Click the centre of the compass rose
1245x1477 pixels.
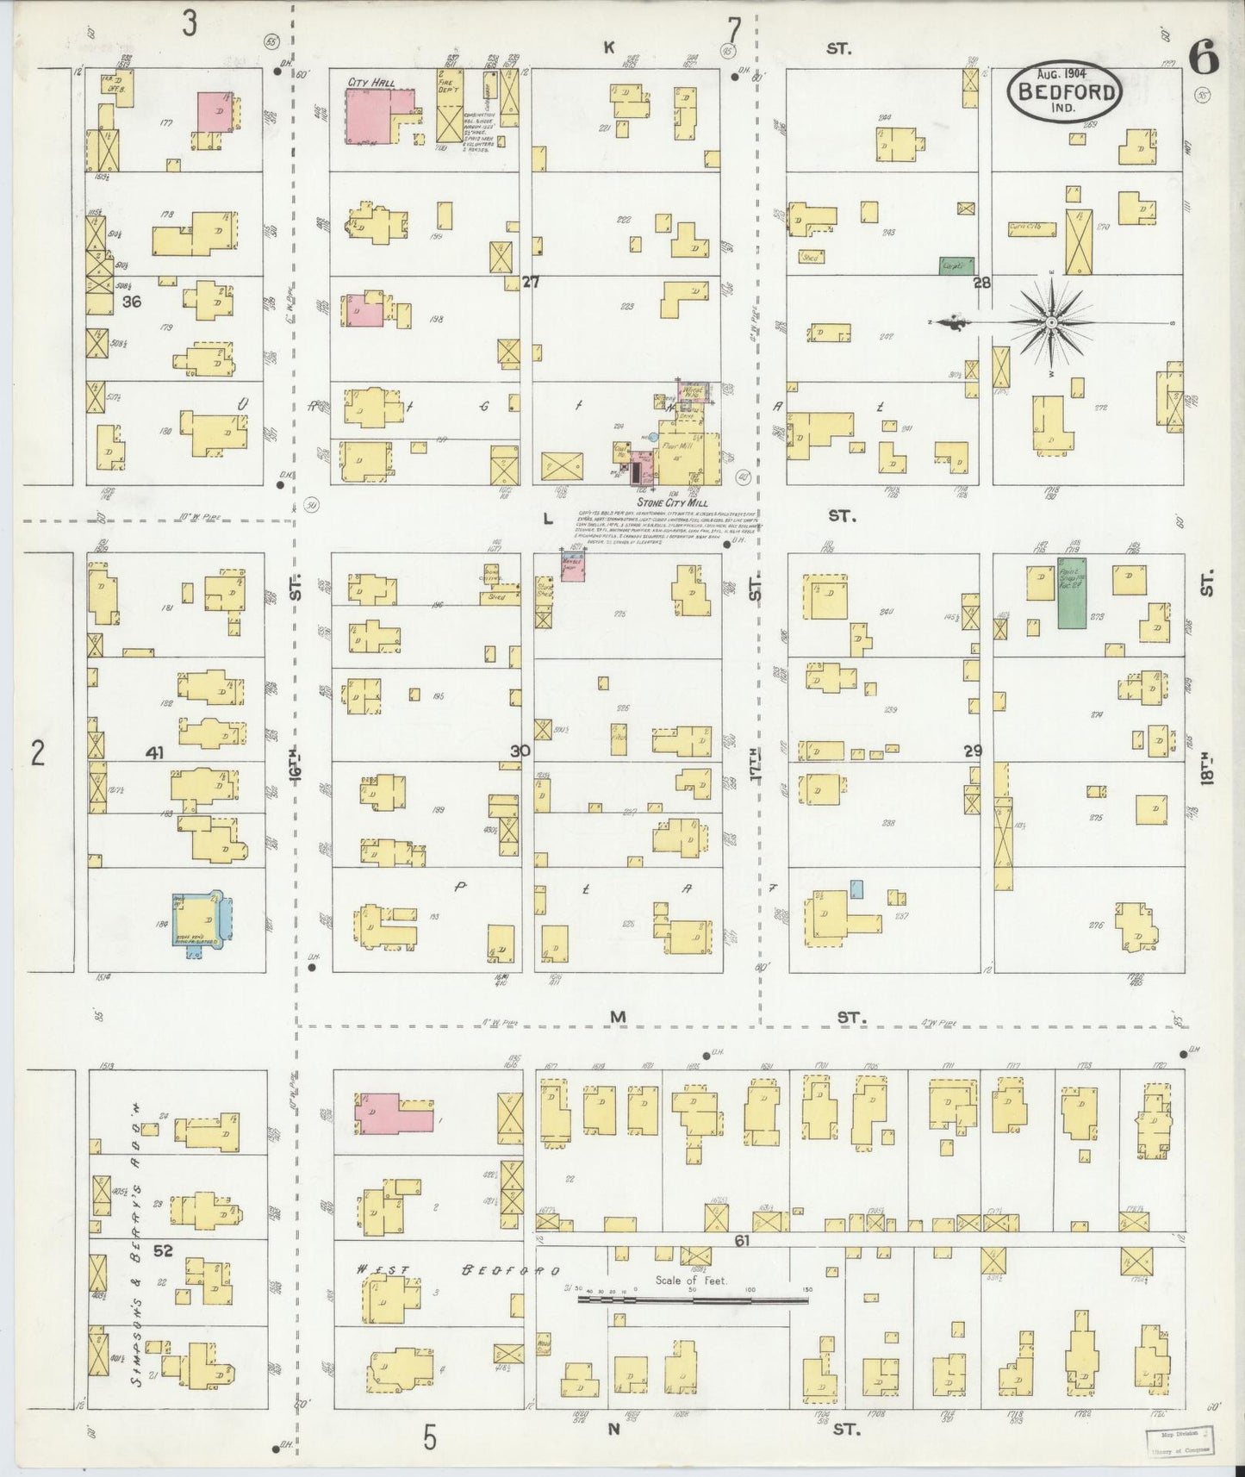tap(1051, 321)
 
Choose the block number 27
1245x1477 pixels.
tap(530, 282)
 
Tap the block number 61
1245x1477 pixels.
tap(740, 1239)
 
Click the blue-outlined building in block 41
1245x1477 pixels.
tap(201, 921)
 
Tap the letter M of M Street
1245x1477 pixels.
tap(617, 1018)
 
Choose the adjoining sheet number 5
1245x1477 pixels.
tap(430, 1436)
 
